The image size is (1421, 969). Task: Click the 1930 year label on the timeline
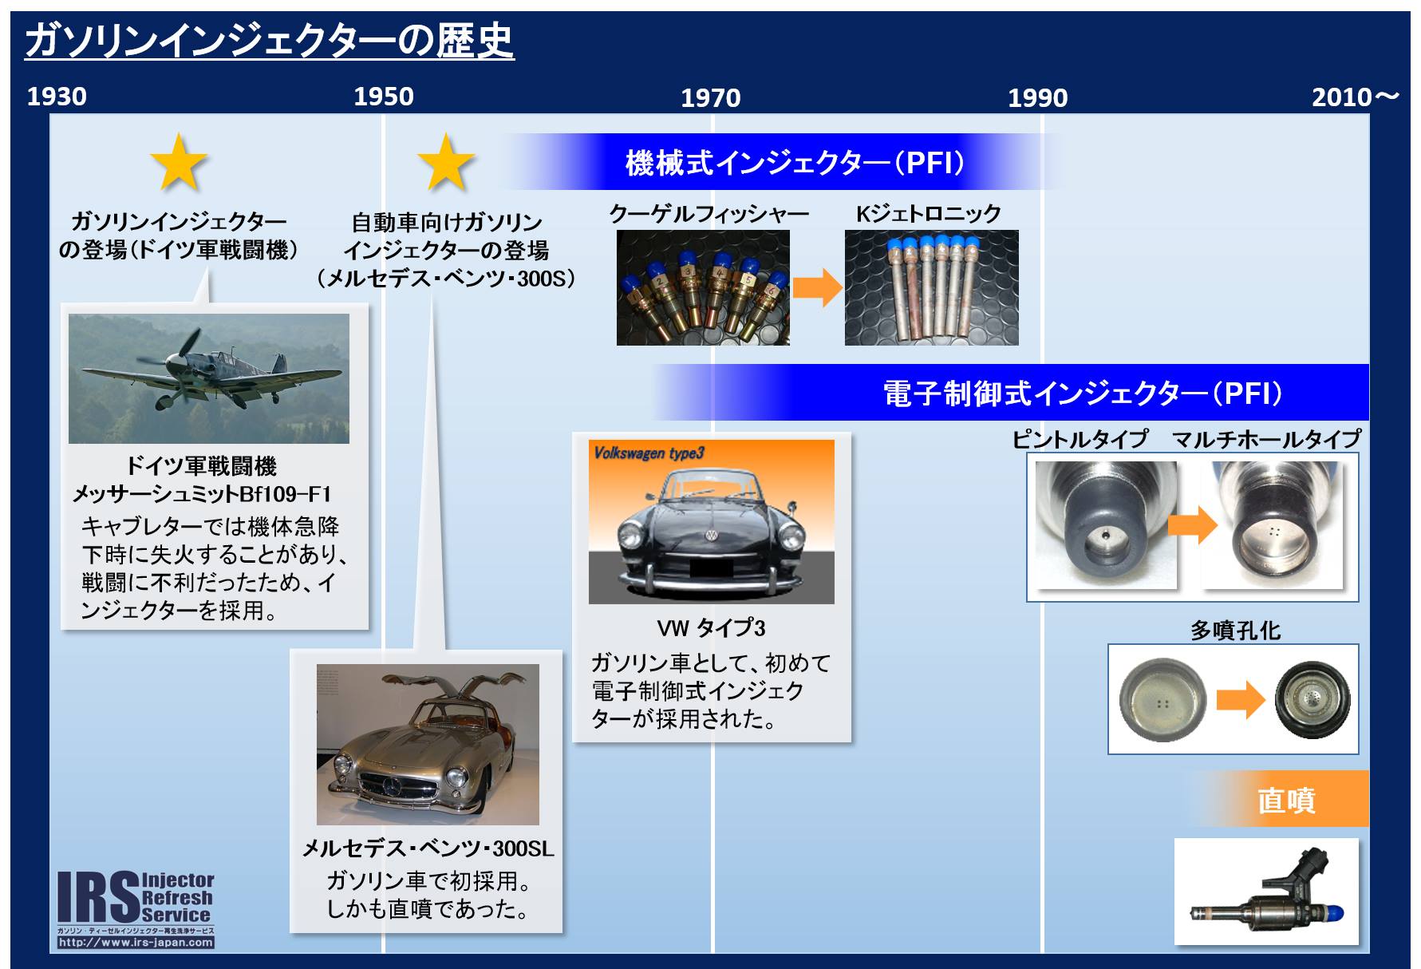click(57, 97)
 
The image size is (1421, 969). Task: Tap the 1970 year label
click(710, 98)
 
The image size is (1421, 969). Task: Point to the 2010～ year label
click(1356, 97)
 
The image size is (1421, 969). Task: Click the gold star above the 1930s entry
click(179, 163)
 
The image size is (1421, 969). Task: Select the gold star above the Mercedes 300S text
click(446, 163)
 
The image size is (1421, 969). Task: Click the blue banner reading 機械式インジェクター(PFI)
click(786, 162)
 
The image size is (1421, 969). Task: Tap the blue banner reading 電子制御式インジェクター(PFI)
click(1010, 393)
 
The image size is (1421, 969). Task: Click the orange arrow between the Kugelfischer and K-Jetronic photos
click(818, 287)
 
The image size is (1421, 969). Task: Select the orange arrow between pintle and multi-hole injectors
click(1192, 524)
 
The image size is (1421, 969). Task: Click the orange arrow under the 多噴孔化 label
click(1241, 700)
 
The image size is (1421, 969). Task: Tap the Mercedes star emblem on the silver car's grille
click(392, 787)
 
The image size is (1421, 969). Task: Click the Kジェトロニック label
click(928, 214)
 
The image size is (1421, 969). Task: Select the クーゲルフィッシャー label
click(709, 214)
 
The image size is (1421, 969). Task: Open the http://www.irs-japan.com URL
click(136, 943)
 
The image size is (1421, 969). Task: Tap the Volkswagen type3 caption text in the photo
click(649, 453)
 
